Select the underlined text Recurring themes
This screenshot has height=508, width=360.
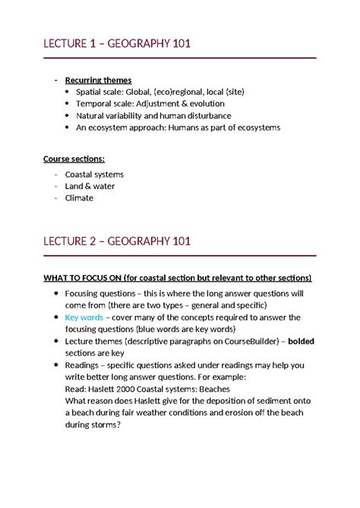coord(98,80)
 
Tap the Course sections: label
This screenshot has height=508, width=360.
coord(74,159)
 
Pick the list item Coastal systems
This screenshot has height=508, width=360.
coord(95,175)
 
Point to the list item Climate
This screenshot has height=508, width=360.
coord(79,198)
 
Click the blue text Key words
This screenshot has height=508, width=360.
coord(87,317)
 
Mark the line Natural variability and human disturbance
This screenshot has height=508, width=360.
coord(154,115)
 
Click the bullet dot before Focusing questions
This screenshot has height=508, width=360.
coord(50,294)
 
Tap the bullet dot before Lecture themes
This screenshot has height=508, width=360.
coord(50,342)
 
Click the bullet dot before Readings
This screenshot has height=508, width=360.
coord(50,365)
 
